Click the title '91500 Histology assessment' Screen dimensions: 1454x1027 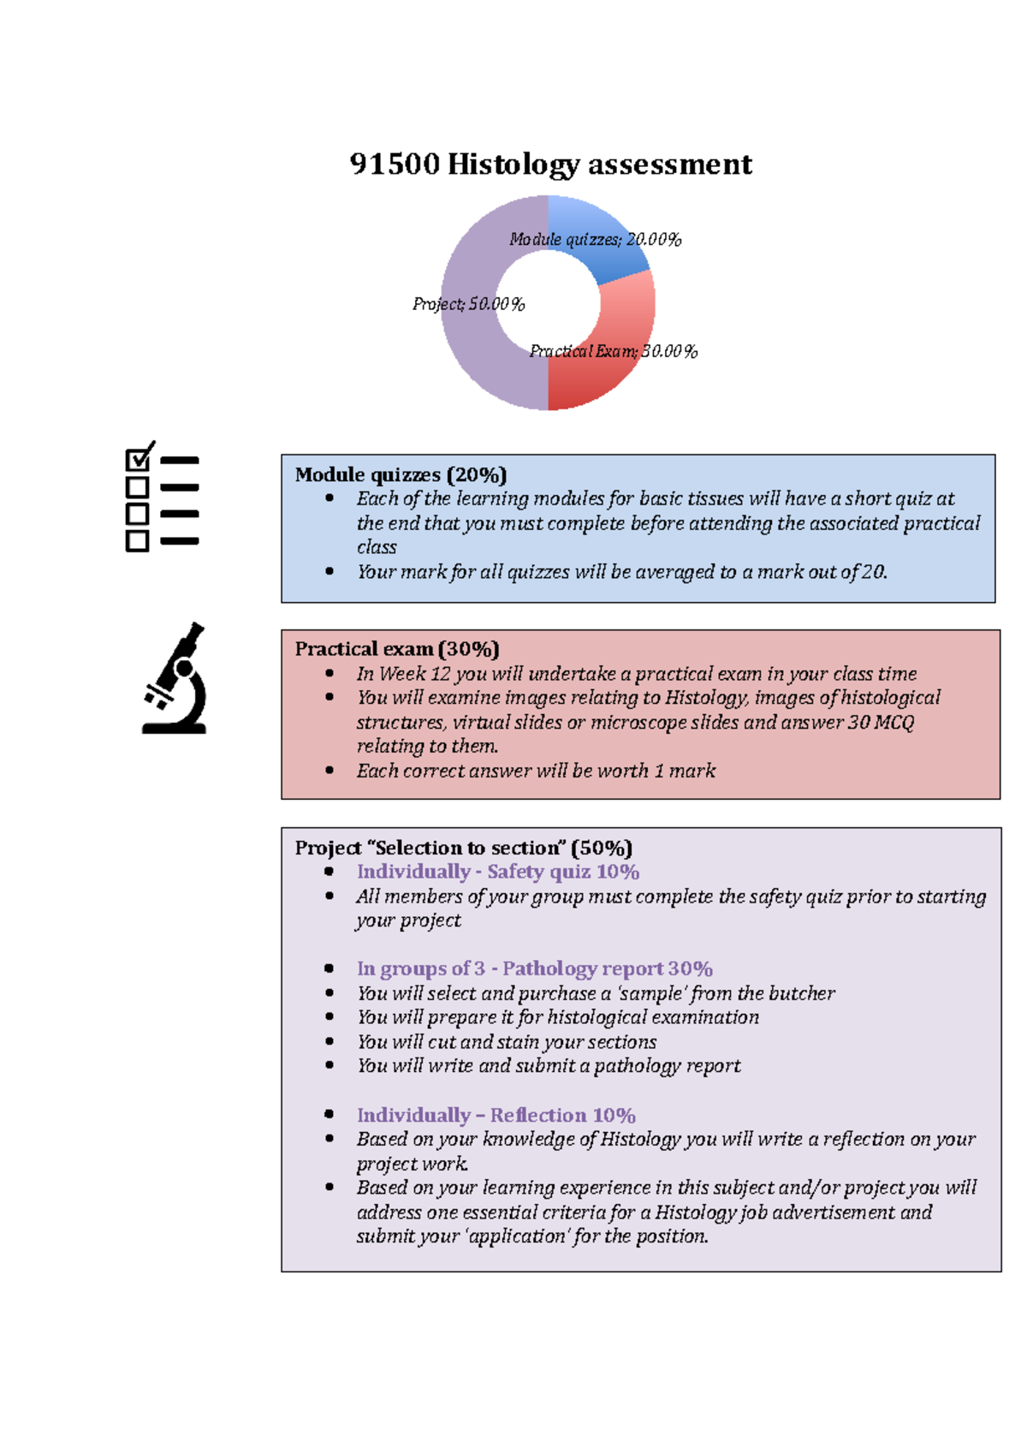pyautogui.click(x=550, y=164)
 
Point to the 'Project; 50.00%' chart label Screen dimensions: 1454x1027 pyautogui.click(x=468, y=304)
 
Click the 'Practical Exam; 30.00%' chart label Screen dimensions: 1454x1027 pyautogui.click(x=613, y=351)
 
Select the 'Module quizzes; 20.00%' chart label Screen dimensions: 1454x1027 pyautogui.click(x=595, y=240)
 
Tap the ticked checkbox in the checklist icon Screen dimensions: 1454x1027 pyautogui.click(x=137, y=460)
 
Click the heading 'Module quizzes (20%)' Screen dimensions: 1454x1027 pyautogui.click(x=401, y=474)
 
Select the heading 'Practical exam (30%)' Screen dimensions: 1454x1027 pyautogui.click(x=396, y=649)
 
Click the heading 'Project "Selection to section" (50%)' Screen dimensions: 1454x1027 pyautogui.click(x=463, y=848)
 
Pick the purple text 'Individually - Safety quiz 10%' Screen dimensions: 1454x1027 pyautogui.click(x=498, y=872)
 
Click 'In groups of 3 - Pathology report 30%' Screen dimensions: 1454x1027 pyautogui.click(x=534, y=968)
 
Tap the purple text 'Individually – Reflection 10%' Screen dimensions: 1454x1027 pyautogui.click(x=496, y=1115)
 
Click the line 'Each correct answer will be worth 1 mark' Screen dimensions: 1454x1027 pyautogui.click(x=536, y=771)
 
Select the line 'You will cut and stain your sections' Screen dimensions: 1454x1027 pyautogui.click(x=507, y=1042)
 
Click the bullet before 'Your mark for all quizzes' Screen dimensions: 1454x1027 pyautogui.click(x=329, y=571)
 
